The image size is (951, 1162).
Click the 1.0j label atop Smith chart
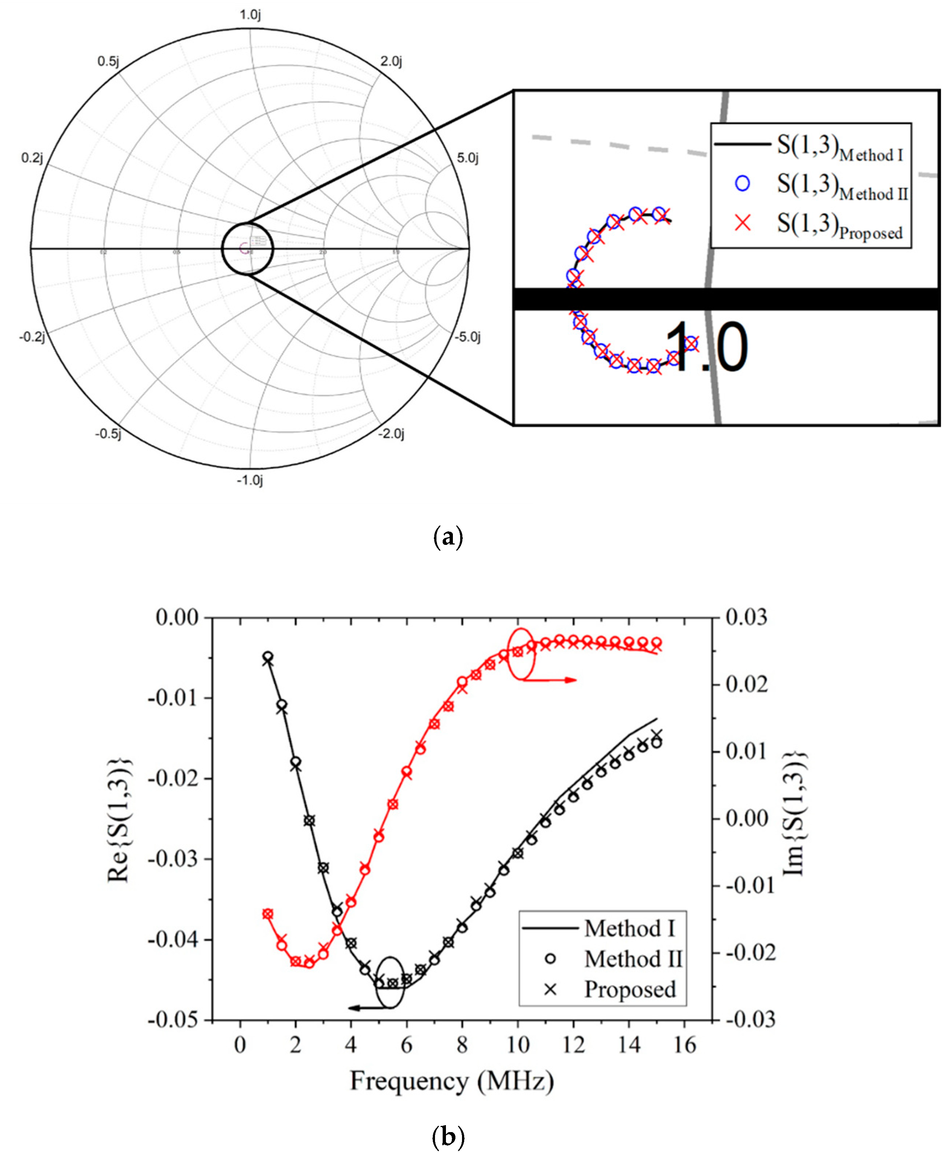(x=250, y=15)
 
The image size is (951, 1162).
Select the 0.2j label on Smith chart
(x=32, y=158)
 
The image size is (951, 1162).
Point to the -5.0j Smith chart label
(x=467, y=337)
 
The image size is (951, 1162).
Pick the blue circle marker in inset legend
(x=742, y=183)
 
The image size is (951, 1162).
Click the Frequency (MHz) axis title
(x=452, y=1081)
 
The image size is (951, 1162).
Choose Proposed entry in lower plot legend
(x=630, y=989)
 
